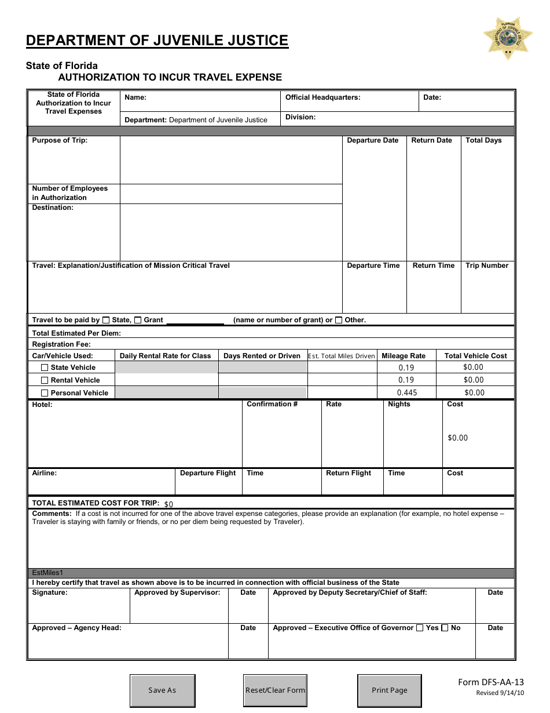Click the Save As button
tap(162, 690)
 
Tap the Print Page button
tap(390, 690)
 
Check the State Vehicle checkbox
tap(45, 368)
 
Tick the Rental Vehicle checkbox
tap(45, 380)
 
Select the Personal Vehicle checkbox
tap(45, 393)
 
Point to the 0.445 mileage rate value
tap(406, 392)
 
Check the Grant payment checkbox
tap(138, 320)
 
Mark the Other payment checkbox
tap(339, 320)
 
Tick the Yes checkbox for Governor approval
tap(419, 628)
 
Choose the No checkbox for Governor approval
tap(445, 628)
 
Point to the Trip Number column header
tap(487, 265)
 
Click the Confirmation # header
tap(272, 404)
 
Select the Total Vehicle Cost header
tap(475, 356)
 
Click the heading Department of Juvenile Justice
tap(157, 40)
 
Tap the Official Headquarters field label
tap(322, 97)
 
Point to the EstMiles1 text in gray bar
tap(47, 573)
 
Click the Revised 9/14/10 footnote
tap(500, 693)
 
